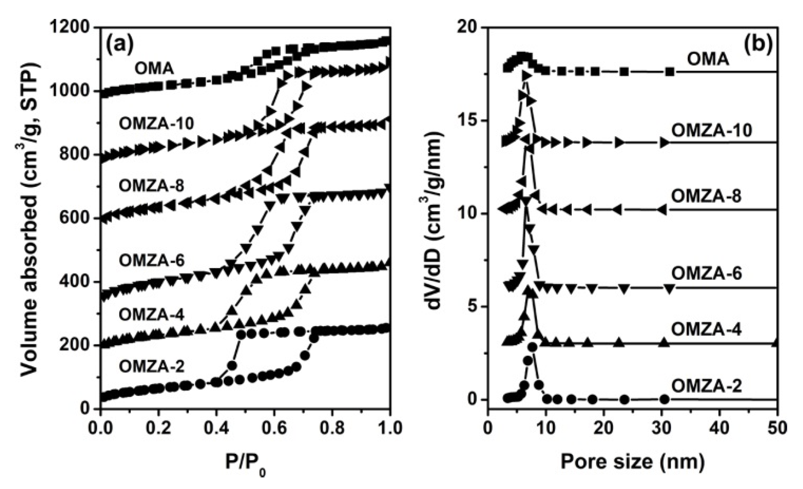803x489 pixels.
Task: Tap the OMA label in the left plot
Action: (x=154, y=69)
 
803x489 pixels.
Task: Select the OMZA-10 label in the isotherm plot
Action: (x=156, y=123)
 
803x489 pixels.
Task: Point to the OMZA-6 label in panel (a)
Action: (x=152, y=260)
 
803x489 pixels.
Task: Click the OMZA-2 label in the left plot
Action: (x=152, y=366)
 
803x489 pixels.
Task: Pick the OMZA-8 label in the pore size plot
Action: (x=706, y=196)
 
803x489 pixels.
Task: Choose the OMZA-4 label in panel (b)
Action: (x=706, y=330)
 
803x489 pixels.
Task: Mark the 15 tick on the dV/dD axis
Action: (x=468, y=121)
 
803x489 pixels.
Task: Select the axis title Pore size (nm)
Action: (x=632, y=462)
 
